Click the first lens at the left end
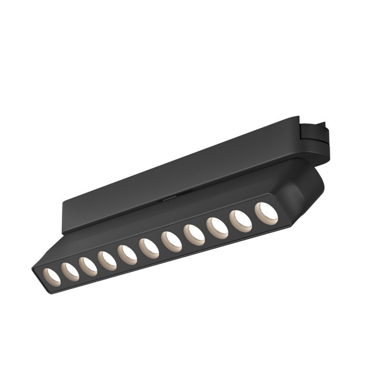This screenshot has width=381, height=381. pyautogui.click(x=51, y=277)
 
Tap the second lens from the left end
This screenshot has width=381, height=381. pyautogui.click(x=70, y=272)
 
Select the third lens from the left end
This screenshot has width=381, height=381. pyautogui.click(x=88, y=267)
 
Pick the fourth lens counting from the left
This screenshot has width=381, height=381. pyautogui.click(x=107, y=261)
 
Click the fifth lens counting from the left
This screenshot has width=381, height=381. pyautogui.click(x=127, y=255)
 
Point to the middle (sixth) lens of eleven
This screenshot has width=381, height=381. pyautogui.click(x=149, y=249)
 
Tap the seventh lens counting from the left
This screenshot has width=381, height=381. pyautogui.click(x=171, y=241)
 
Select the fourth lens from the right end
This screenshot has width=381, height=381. pyautogui.click(x=194, y=235)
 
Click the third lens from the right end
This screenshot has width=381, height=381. pyautogui.click(x=217, y=228)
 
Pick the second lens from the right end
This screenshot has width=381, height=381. pyautogui.click(x=241, y=221)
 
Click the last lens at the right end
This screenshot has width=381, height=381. pyautogui.click(x=266, y=213)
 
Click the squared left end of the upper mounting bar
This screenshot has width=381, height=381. pyautogui.click(x=67, y=217)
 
